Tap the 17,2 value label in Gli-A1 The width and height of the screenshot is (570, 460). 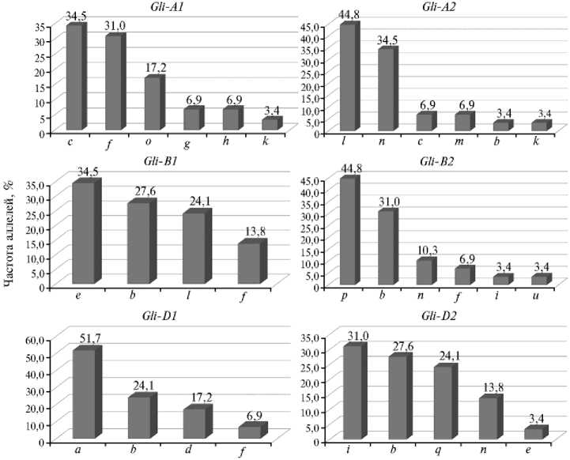coord(156,67)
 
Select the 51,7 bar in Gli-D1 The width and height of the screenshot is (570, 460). coord(84,394)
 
